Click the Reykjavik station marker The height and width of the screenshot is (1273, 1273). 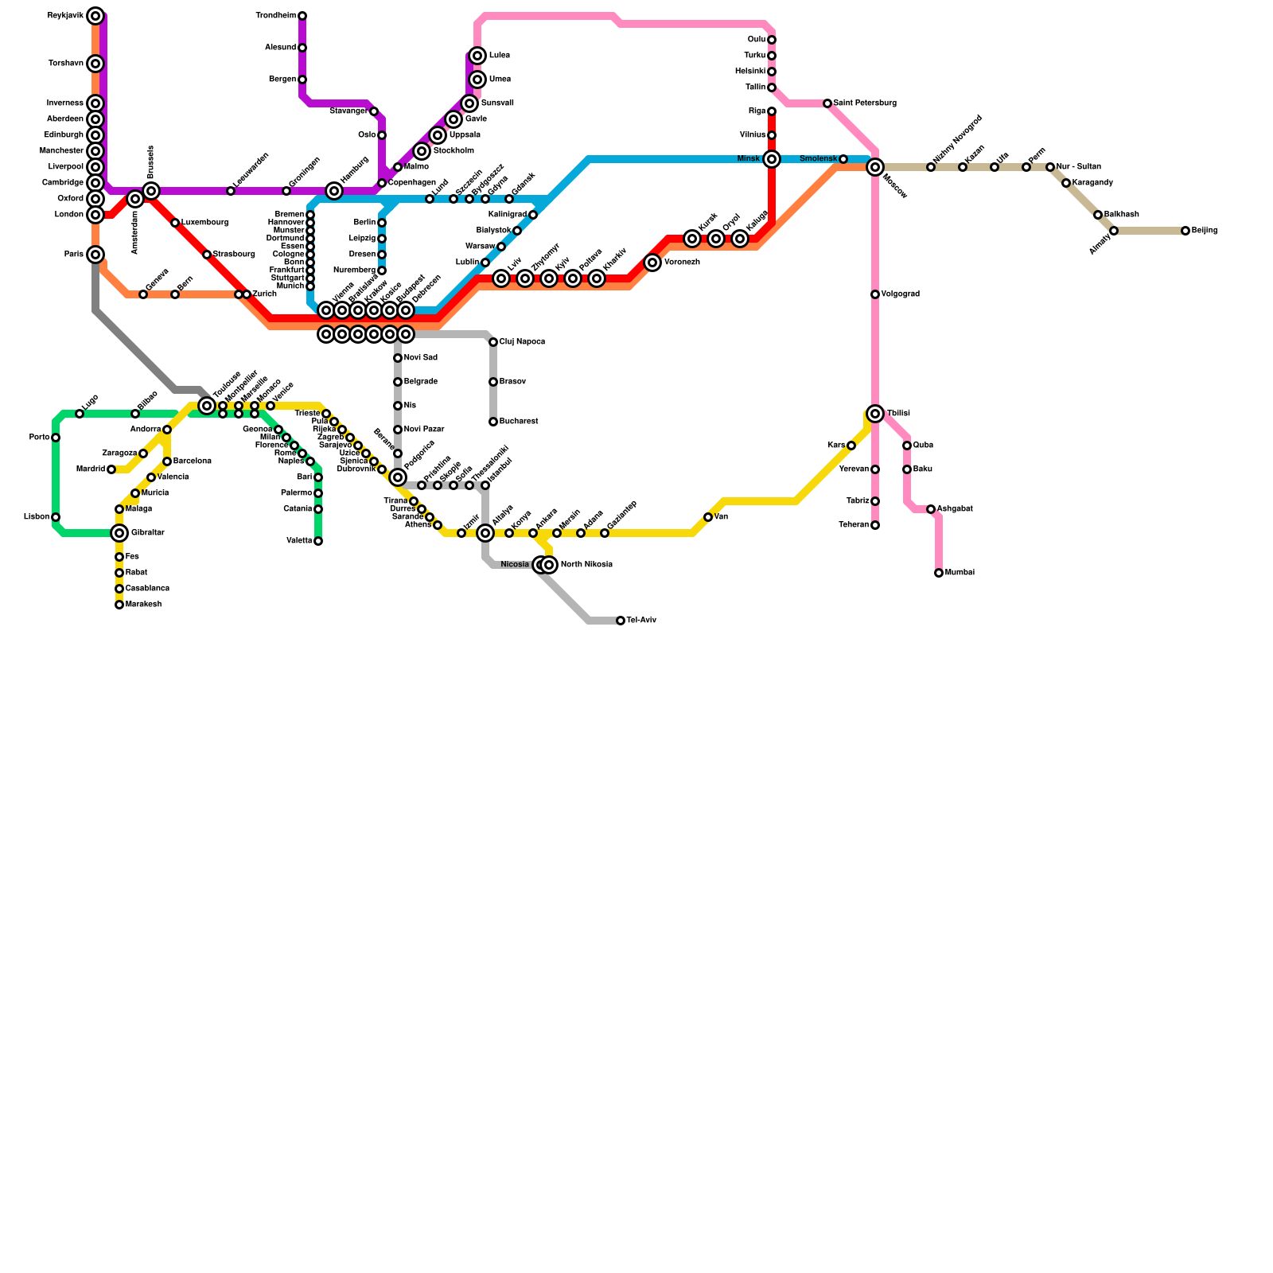(x=95, y=16)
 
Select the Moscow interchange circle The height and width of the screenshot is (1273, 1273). (x=875, y=167)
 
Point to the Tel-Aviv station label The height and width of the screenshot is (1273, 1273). (x=641, y=621)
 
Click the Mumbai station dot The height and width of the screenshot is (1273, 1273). (x=939, y=573)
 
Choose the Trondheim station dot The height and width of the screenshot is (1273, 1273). (x=302, y=16)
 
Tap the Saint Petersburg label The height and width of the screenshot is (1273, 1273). (x=865, y=103)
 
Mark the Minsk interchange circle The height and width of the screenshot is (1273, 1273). (x=772, y=159)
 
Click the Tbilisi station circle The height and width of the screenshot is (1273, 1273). (x=875, y=414)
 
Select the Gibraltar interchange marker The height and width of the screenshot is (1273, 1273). (x=119, y=533)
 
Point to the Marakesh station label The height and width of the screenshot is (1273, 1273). (x=143, y=605)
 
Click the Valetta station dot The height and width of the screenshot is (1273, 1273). (x=318, y=541)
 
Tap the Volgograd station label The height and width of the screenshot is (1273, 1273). (x=900, y=294)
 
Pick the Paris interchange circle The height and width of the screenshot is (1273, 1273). (x=95, y=255)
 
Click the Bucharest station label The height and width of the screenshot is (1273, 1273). (x=518, y=422)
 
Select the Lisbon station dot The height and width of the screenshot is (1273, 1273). (x=56, y=517)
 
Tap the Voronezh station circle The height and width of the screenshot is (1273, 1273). (x=652, y=263)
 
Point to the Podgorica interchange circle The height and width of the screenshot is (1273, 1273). (x=398, y=477)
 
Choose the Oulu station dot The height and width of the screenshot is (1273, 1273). (x=772, y=40)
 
